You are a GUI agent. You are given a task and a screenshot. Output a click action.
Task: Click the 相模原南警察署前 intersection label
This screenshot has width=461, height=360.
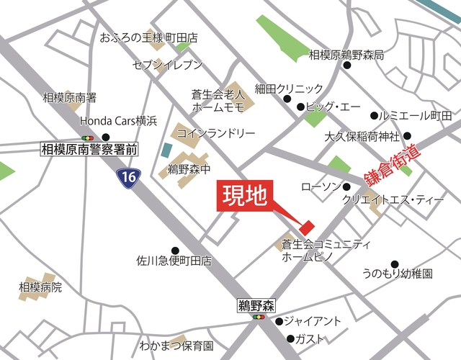point(89,149)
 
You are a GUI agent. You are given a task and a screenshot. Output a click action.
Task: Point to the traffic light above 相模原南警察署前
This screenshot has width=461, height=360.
point(89,137)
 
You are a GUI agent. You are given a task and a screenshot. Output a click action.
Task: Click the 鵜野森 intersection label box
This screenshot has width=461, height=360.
point(257,305)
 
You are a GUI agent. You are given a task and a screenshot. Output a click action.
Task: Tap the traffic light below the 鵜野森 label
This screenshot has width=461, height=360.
point(257,317)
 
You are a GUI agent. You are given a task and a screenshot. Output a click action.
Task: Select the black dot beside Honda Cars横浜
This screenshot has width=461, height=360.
point(107,137)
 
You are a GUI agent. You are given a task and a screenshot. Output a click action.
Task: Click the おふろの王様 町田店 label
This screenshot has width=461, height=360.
point(149,37)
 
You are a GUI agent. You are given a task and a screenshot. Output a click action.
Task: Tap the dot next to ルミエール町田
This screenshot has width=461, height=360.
point(374,115)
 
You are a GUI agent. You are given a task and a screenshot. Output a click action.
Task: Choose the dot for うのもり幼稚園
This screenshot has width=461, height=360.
point(394,264)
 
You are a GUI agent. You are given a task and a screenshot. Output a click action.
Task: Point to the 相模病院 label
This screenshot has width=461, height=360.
point(40,287)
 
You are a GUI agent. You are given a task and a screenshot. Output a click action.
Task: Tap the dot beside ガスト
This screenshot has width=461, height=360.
point(290,338)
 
